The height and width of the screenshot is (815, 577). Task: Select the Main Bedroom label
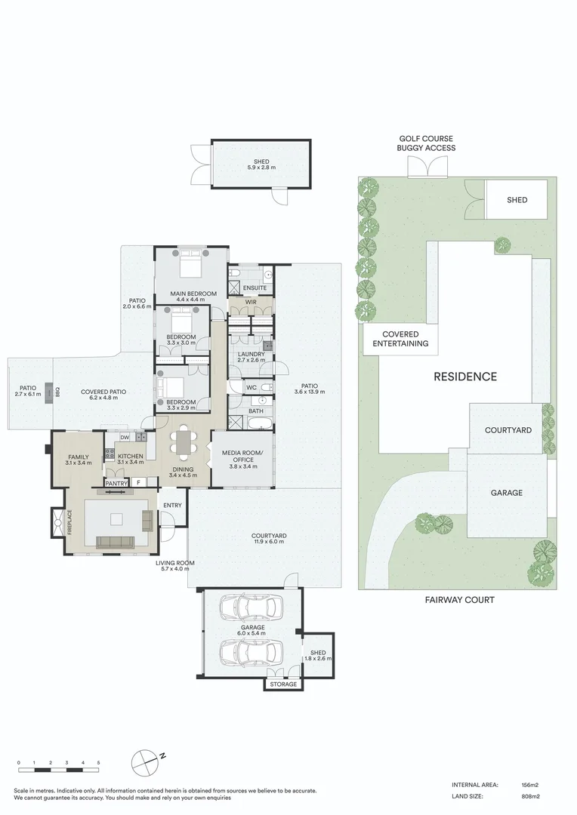tap(192, 294)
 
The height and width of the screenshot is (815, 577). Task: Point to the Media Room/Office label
tap(239, 456)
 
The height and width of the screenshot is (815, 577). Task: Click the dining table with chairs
tap(184, 443)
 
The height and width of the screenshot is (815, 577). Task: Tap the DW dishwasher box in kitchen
tap(125, 437)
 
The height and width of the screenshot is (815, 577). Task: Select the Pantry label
tap(116, 483)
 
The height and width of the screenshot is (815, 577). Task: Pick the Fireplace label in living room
tap(68, 522)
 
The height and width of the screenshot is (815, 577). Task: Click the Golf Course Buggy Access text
tap(427, 143)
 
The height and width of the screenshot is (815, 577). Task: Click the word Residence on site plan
tap(464, 377)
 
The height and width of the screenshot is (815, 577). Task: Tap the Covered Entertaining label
tap(400, 339)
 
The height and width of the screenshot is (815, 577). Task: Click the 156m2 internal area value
tap(528, 783)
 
